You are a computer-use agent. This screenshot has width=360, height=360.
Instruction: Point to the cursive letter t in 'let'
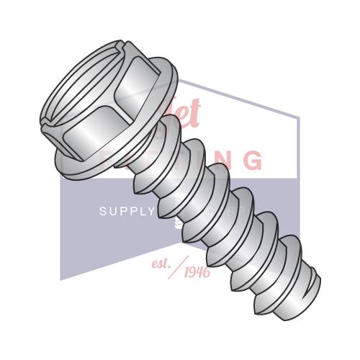pos(197,112)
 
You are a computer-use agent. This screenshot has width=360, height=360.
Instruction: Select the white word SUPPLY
pos(127,211)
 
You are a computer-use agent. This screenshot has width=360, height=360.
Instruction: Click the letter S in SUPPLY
pos(102,211)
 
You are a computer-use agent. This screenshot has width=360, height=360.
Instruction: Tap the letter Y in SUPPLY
pos(150,211)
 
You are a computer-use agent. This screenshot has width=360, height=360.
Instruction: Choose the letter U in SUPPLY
pos(112,211)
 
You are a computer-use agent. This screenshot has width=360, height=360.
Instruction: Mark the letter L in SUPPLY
pos(141,211)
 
